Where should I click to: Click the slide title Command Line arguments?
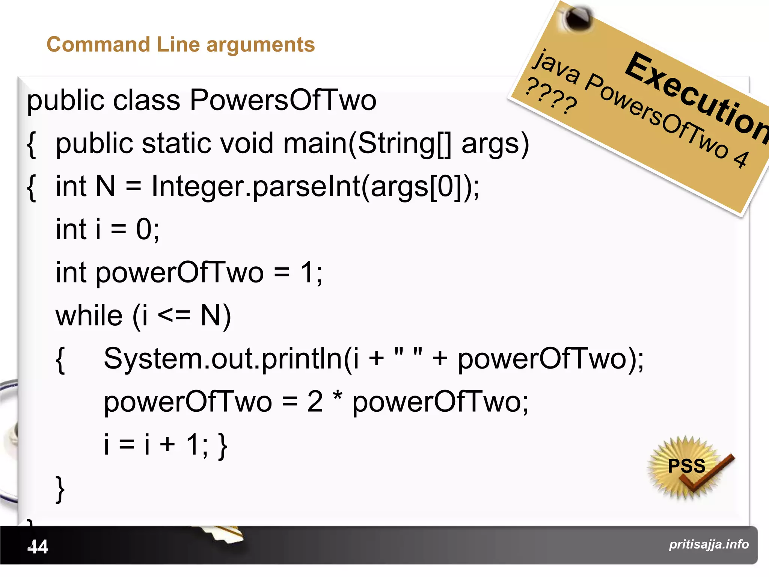click(181, 45)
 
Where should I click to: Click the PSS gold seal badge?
click(686, 467)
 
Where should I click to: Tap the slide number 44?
click(38, 547)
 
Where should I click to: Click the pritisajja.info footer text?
click(709, 544)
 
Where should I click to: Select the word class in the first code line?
click(146, 101)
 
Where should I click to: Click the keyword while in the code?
click(89, 316)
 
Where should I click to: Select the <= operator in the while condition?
click(174, 316)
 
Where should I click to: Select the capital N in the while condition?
click(210, 316)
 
